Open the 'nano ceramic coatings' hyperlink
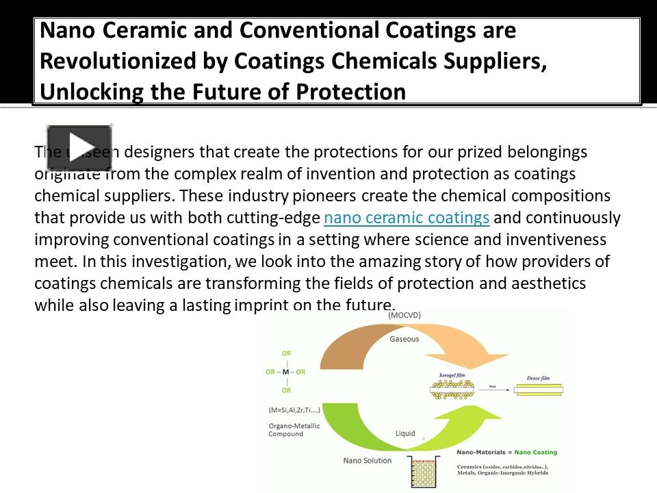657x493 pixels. (407, 218)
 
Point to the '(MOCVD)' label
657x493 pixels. (404, 316)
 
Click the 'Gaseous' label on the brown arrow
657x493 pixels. (404, 339)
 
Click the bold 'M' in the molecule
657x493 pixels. (285, 372)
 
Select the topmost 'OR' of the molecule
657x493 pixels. (286, 353)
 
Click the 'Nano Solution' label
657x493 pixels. (367, 461)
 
